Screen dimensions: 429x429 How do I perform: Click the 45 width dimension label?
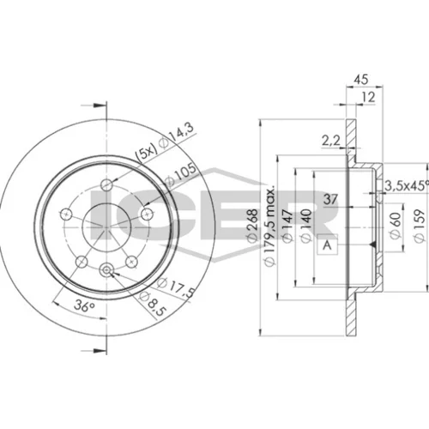pyautogui.click(x=361, y=79)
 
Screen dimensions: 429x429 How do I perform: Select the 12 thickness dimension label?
pyautogui.click(x=368, y=97)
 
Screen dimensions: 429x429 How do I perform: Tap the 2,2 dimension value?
pyautogui.click(x=331, y=142)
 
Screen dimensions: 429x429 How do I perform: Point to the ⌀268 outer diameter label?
pyautogui.click(x=252, y=226)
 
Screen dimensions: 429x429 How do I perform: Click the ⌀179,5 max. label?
pyautogui.click(x=269, y=226)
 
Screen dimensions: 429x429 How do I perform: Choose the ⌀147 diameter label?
pyautogui.click(x=287, y=226)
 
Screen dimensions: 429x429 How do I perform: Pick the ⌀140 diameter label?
pyautogui.click(x=305, y=226)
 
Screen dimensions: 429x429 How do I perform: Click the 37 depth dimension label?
pyautogui.click(x=330, y=199)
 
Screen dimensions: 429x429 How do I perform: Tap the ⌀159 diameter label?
pyautogui.click(x=420, y=226)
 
